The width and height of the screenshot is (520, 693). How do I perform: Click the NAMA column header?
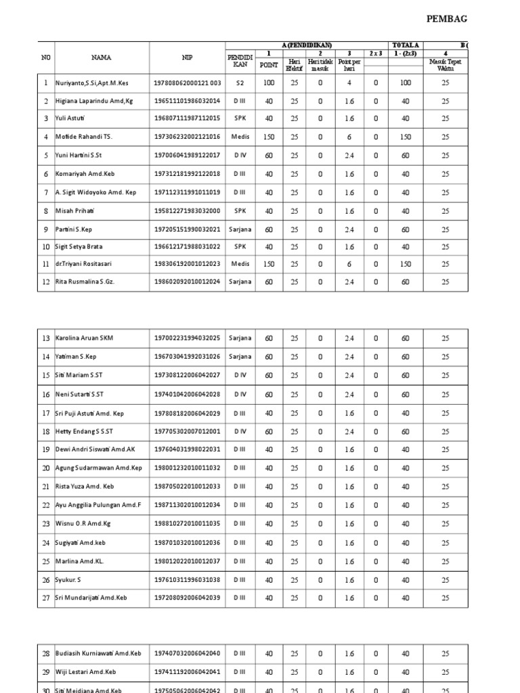(x=102, y=58)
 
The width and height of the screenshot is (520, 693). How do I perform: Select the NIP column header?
(x=187, y=58)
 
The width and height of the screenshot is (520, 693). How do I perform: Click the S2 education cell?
(x=240, y=83)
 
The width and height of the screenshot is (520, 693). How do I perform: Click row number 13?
(x=46, y=338)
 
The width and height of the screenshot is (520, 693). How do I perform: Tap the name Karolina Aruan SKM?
(x=84, y=338)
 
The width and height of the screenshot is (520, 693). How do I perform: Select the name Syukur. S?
(x=68, y=580)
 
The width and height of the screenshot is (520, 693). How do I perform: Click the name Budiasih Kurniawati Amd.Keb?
(x=98, y=654)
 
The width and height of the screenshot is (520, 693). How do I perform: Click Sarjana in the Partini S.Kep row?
(x=240, y=229)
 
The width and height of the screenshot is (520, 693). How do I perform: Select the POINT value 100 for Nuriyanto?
(x=269, y=83)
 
